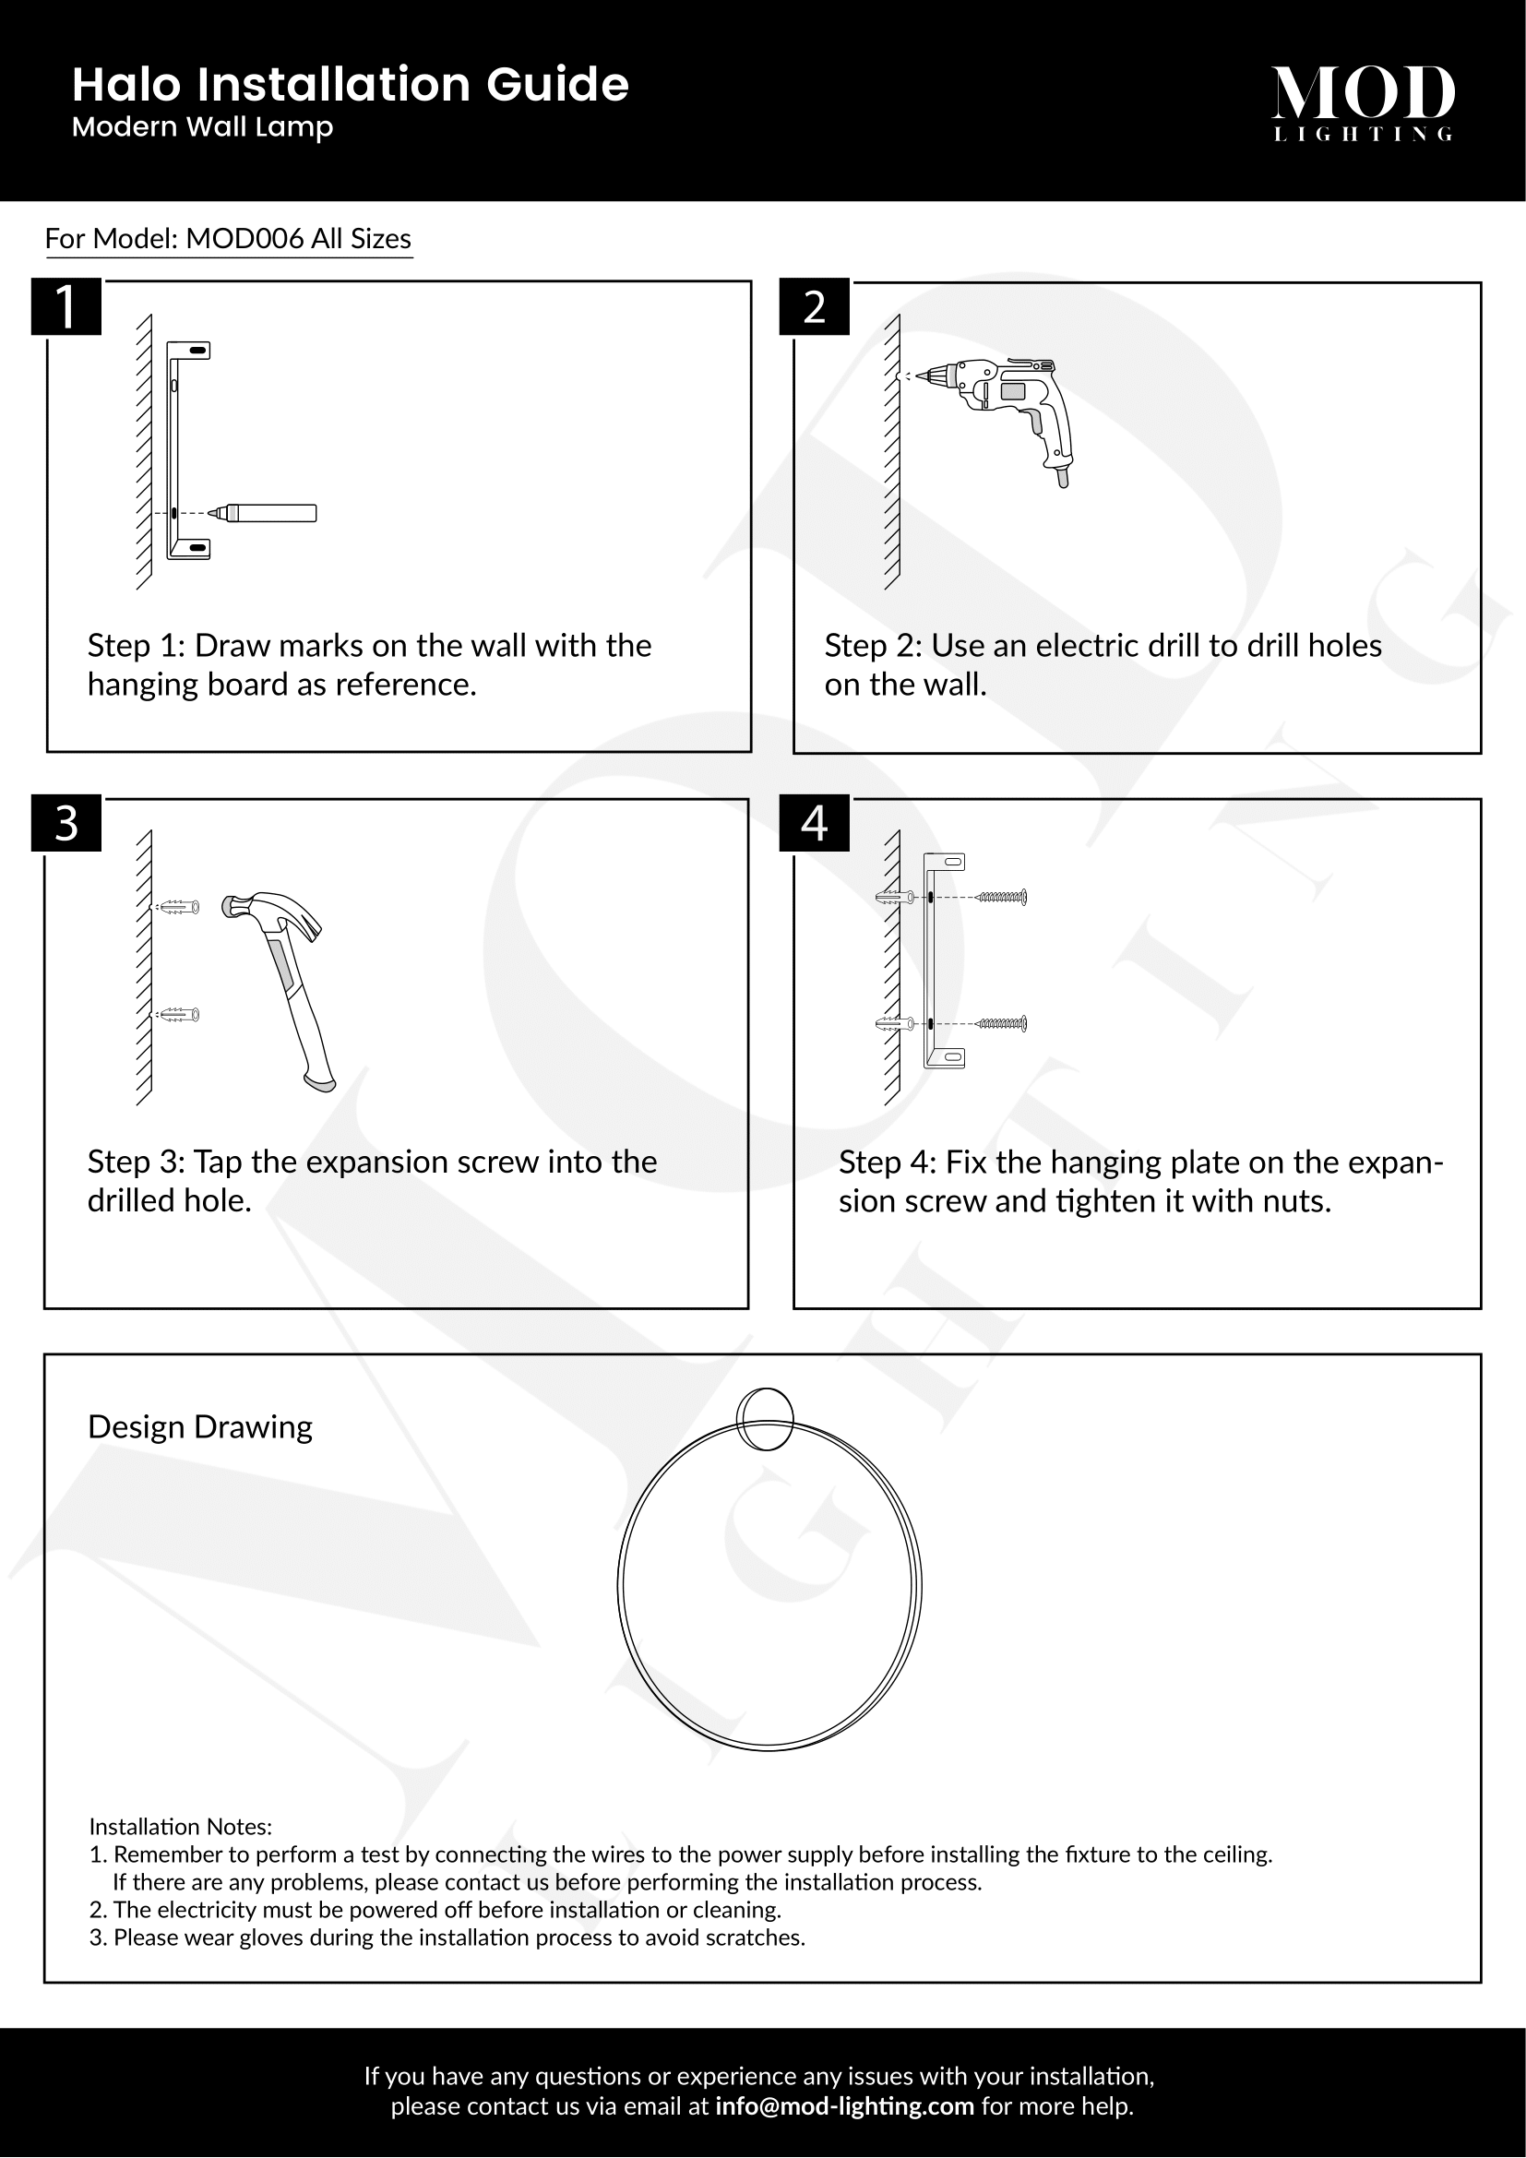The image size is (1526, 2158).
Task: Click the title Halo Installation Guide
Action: coord(351,85)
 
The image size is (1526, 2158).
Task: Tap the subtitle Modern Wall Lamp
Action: coord(202,127)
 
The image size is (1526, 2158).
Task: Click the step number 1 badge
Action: coord(66,306)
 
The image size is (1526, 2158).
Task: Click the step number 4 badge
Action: coord(814,823)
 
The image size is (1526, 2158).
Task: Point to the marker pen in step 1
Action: coord(268,513)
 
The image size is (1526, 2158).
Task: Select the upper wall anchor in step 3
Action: coord(180,908)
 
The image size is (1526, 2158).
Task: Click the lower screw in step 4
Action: coord(1002,1023)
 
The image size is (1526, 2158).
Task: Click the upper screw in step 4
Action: coord(1002,898)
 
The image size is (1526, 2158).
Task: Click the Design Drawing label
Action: coord(200,1427)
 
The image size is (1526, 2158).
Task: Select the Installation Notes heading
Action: coord(181,1826)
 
